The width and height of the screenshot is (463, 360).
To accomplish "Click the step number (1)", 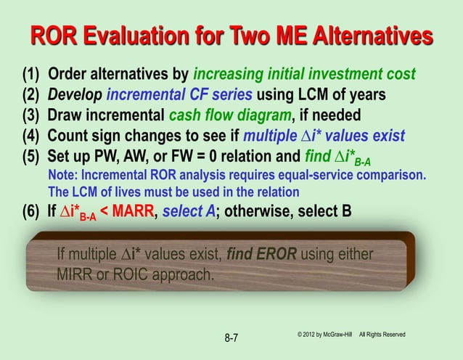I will point(30,75).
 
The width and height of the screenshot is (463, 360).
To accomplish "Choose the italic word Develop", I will point(74,95).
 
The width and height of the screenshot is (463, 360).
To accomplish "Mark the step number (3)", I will point(30,115).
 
